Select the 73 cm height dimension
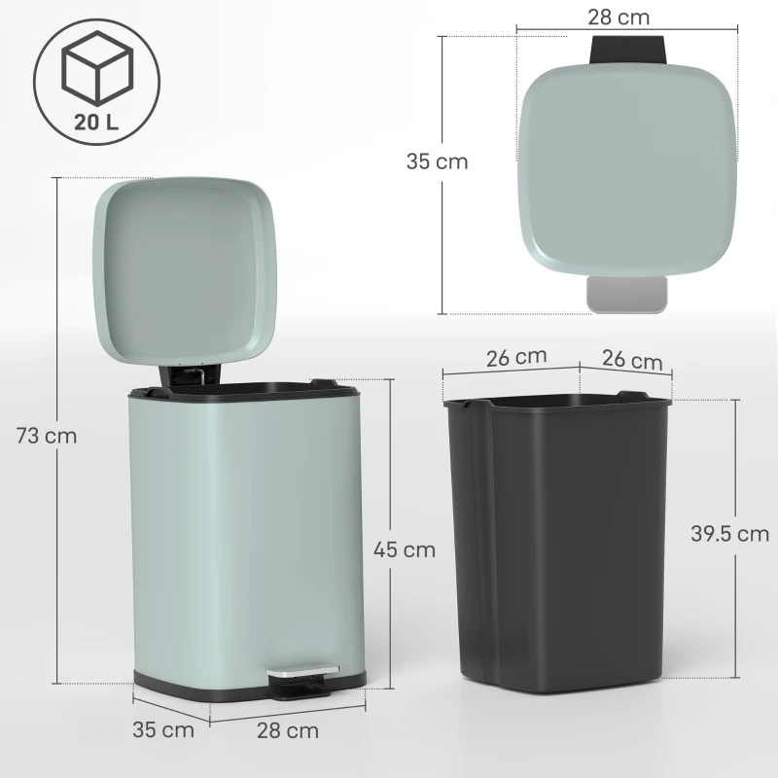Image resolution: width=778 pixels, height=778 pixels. pyautogui.click(x=47, y=436)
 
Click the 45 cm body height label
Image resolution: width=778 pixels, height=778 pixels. pyautogui.click(x=405, y=549)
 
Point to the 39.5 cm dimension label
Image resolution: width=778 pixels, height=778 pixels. pyautogui.click(x=729, y=534)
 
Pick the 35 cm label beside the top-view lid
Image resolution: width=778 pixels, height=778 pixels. pyautogui.click(x=437, y=162)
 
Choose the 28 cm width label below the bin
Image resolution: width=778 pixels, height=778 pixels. pyautogui.click(x=289, y=729)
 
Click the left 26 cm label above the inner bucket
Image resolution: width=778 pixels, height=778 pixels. pyautogui.click(x=515, y=356)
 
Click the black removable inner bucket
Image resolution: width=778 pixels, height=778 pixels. pyautogui.click(x=556, y=545)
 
